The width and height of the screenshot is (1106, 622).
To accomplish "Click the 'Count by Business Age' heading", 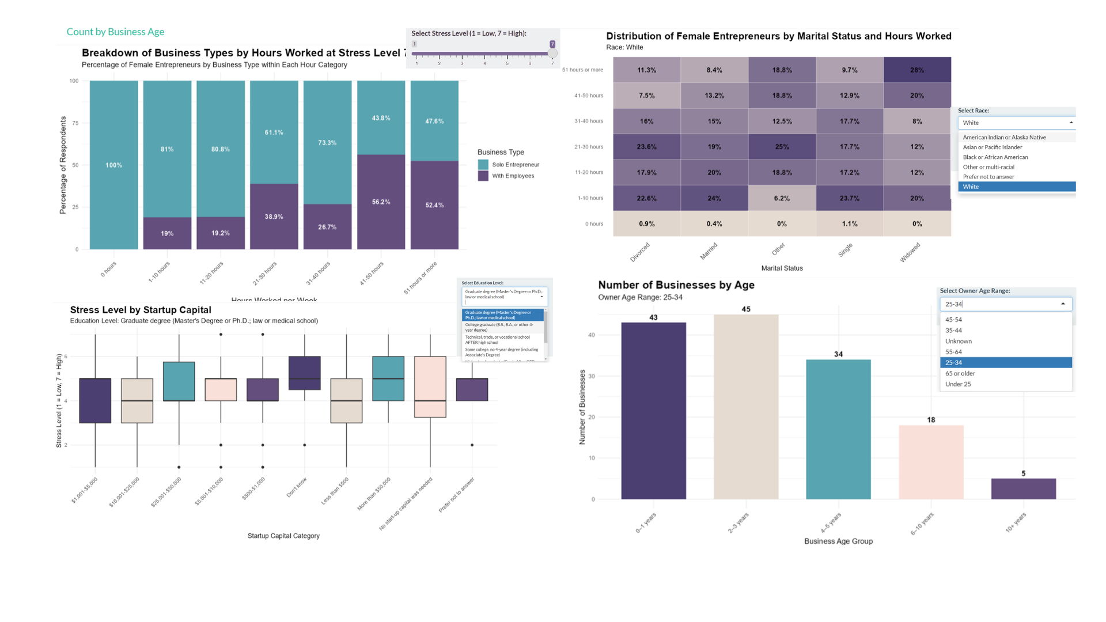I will tap(115, 32).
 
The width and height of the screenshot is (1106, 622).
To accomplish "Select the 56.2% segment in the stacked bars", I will tap(381, 202).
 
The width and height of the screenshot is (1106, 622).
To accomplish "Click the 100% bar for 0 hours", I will tap(113, 165).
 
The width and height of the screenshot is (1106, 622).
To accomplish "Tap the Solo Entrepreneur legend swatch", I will tap(483, 165).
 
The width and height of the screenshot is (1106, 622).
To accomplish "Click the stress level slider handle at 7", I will tap(552, 54).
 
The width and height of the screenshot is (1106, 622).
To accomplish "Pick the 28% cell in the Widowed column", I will tap(917, 70).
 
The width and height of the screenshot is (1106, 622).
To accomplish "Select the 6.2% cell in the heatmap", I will tap(782, 198).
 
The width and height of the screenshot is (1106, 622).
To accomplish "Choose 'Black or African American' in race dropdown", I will tap(995, 157).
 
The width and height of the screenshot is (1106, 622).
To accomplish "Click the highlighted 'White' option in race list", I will tap(1016, 187).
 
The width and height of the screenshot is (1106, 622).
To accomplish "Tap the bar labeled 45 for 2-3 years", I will tap(746, 406).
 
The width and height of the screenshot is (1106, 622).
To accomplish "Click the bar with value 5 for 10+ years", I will tap(1023, 488).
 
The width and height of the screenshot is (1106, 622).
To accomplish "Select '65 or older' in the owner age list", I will tap(960, 373).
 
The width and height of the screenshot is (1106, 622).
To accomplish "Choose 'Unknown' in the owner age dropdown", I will tap(958, 341).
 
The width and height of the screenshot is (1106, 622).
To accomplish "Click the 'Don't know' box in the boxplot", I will tap(304, 373).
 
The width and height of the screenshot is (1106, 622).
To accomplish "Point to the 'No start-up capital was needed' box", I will tap(430, 386).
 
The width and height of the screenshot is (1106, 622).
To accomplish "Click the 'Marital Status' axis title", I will tap(782, 268).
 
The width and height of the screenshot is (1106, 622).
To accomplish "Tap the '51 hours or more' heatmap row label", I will tap(582, 70).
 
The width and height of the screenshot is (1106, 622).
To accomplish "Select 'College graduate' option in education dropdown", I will tap(500, 327).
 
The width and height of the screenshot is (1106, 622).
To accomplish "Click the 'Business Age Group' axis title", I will tap(838, 541).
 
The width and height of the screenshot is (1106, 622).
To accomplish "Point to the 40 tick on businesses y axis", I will tap(592, 335).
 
